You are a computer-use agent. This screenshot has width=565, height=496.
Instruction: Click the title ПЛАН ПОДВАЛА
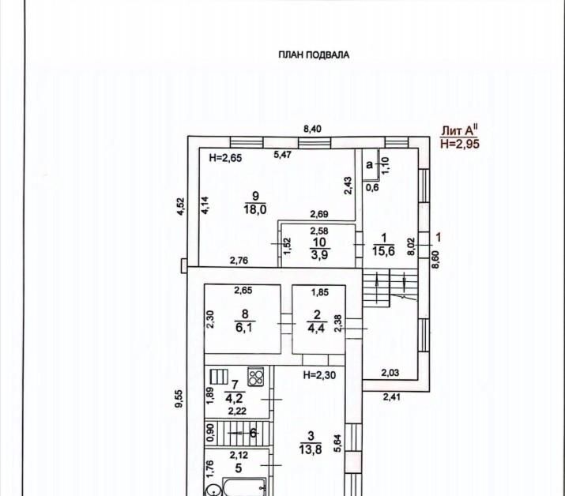coord(314,55)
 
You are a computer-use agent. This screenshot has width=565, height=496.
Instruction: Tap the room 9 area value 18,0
coord(255,209)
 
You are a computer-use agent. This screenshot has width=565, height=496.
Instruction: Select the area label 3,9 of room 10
coord(319,254)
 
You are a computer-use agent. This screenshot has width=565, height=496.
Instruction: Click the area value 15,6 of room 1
coord(383,250)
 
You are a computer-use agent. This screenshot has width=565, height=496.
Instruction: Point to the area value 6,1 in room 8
coord(244,328)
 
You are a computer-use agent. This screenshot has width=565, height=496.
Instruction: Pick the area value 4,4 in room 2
coord(316,328)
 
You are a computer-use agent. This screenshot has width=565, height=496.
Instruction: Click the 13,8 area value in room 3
coord(311,449)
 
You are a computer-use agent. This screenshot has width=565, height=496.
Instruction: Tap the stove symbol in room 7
coord(256,377)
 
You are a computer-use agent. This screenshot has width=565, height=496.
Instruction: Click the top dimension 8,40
coord(312,129)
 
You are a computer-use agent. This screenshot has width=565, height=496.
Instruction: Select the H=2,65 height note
coord(225,158)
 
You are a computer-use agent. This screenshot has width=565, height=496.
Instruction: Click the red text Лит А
coord(460,130)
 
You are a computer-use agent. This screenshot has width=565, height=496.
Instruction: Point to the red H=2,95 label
coord(460,144)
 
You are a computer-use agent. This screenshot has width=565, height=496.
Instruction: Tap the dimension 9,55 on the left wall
coord(179,399)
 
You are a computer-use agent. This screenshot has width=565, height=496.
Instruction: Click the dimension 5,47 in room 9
coord(283,155)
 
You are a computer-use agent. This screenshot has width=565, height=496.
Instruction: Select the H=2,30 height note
coord(319,375)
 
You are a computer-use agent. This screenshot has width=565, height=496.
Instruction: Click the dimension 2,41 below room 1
coord(392,397)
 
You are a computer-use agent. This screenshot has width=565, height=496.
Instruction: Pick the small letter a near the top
coord(369,165)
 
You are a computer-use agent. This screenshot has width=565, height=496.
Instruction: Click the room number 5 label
coord(238,468)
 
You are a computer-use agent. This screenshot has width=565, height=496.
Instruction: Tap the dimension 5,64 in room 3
coord(338,443)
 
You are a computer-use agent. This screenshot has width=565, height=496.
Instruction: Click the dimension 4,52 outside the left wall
coord(180,206)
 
